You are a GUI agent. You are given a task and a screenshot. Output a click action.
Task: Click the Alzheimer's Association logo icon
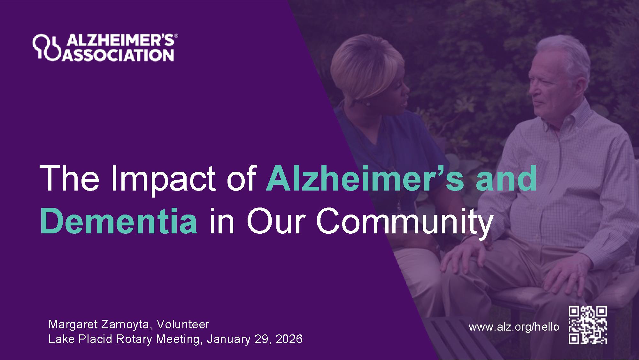[x=46, y=47]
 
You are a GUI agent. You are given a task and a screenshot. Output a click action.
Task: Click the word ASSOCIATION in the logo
[x=119, y=55]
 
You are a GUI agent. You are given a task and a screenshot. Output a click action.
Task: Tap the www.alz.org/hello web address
[x=514, y=327]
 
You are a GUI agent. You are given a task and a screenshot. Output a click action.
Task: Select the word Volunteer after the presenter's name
[x=183, y=324]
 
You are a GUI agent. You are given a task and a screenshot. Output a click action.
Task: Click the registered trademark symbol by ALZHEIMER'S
[x=176, y=37]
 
